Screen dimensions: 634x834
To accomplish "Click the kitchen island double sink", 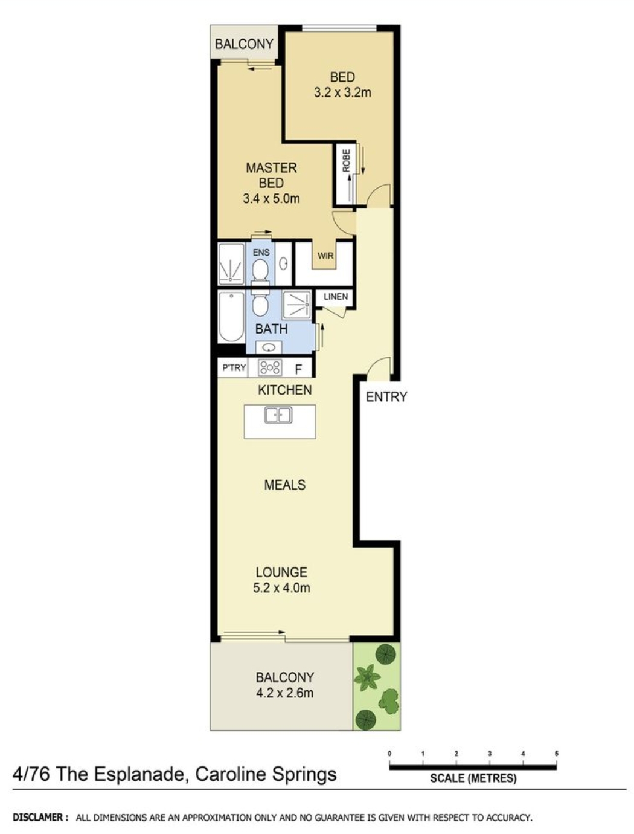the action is click(x=278, y=415).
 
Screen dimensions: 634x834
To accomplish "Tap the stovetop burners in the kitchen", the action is click(x=269, y=367).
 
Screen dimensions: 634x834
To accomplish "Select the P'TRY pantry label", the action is click(x=234, y=368).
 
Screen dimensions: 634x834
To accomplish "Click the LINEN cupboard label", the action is click(x=336, y=296).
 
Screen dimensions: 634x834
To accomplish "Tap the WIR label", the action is click(x=325, y=256).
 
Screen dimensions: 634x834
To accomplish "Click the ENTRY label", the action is click(x=386, y=396).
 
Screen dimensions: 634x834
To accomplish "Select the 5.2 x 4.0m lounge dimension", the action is click(x=281, y=588).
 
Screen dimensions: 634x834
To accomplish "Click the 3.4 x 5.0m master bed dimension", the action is click(x=271, y=198).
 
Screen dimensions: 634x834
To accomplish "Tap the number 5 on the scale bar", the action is click(x=556, y=754).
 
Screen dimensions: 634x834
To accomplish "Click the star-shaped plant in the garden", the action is click(x=367, y=677).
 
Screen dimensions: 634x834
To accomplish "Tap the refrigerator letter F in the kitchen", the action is click(x=298, y=369).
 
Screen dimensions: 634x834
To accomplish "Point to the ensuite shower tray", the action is click(x=231, y=263).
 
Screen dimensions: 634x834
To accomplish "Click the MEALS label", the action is click(x=285, y=485).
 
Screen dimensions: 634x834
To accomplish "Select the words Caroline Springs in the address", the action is click(x=266, y=774).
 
